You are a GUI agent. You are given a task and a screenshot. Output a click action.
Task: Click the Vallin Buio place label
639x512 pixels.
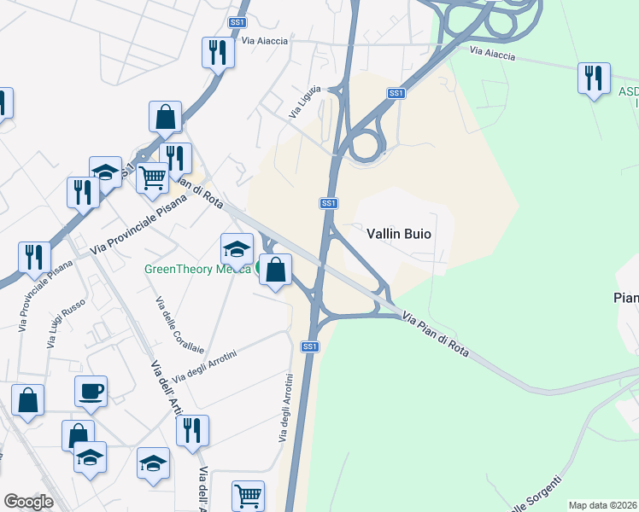tap(398, 233)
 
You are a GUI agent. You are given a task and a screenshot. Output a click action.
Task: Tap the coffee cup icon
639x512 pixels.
tap(91, 392)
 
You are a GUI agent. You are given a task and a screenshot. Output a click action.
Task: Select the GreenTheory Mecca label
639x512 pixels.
tap(196, 268)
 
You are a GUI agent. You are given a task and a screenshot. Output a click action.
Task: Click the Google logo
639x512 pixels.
tap(28, 502)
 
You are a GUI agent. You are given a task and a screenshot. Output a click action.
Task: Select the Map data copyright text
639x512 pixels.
tap(602, 505)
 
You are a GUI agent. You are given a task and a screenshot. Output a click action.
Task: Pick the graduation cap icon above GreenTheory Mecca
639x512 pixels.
tap(237, 249)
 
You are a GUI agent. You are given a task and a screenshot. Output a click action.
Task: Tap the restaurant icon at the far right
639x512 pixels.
tap(593, 79)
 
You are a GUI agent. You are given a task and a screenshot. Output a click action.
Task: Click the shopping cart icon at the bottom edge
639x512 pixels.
tap(248, 496)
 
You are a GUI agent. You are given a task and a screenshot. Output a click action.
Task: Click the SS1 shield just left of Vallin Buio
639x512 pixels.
tap(329, 203)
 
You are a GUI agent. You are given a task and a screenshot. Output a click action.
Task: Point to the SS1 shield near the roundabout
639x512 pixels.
tap(395, 93)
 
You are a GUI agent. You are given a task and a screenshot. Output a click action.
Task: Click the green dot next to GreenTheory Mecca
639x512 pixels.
tap(260, 268)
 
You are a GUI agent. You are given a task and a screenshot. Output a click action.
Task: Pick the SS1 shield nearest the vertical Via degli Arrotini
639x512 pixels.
tap(310, 346)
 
